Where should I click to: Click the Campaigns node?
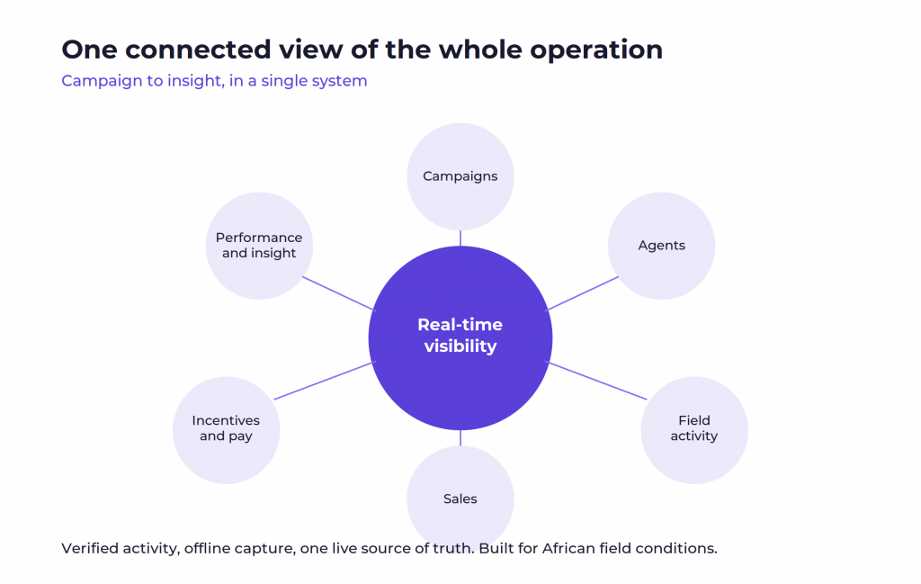tap(460, 176)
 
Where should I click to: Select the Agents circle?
tap(661, 246)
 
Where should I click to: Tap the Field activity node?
tap(694, 430)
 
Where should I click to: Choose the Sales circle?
tap(460, 499)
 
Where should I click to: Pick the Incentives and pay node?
tap(226, 430)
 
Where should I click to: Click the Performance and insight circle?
tap(259, 246)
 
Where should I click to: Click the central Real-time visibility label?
tap(460, 336)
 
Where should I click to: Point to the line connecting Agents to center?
tap(583, 293)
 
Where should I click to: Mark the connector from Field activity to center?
tap(597, 381)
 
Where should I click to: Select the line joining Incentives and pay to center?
tap(324, 381)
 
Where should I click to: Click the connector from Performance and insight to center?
tap(338, 293)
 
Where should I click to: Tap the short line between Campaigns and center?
tap(460, 238)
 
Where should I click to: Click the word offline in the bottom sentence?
tap(208, 548)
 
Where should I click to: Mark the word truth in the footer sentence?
tap(453, 548)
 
